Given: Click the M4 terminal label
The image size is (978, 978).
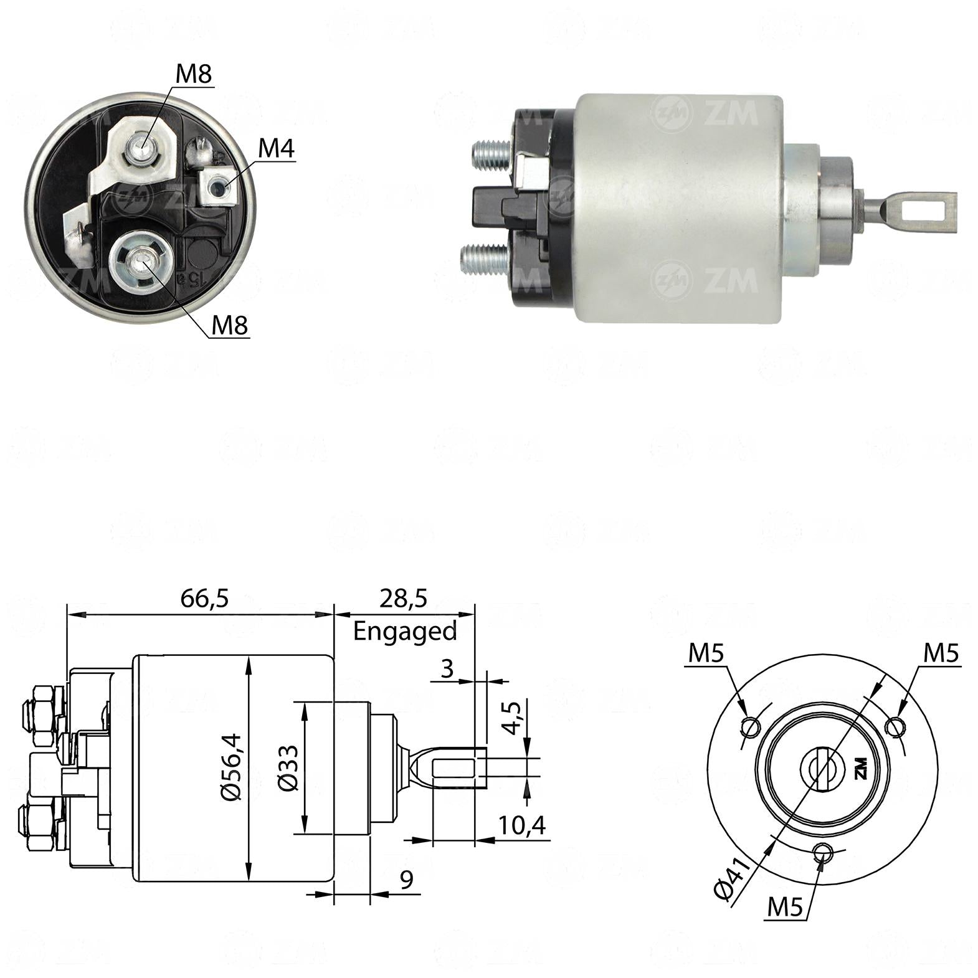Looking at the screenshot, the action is point(276,148).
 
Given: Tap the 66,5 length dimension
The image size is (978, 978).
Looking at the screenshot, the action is point(205,599).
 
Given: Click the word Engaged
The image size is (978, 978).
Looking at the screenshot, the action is point(405,632).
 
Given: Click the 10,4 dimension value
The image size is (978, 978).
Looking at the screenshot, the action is point(522,826).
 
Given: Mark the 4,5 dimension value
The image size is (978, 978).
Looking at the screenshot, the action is point(512,718).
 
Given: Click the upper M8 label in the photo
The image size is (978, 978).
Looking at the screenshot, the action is point(194,74).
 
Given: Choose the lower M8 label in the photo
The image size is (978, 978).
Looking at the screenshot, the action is point(230,325).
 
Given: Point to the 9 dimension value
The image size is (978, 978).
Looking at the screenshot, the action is point(406,880).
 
